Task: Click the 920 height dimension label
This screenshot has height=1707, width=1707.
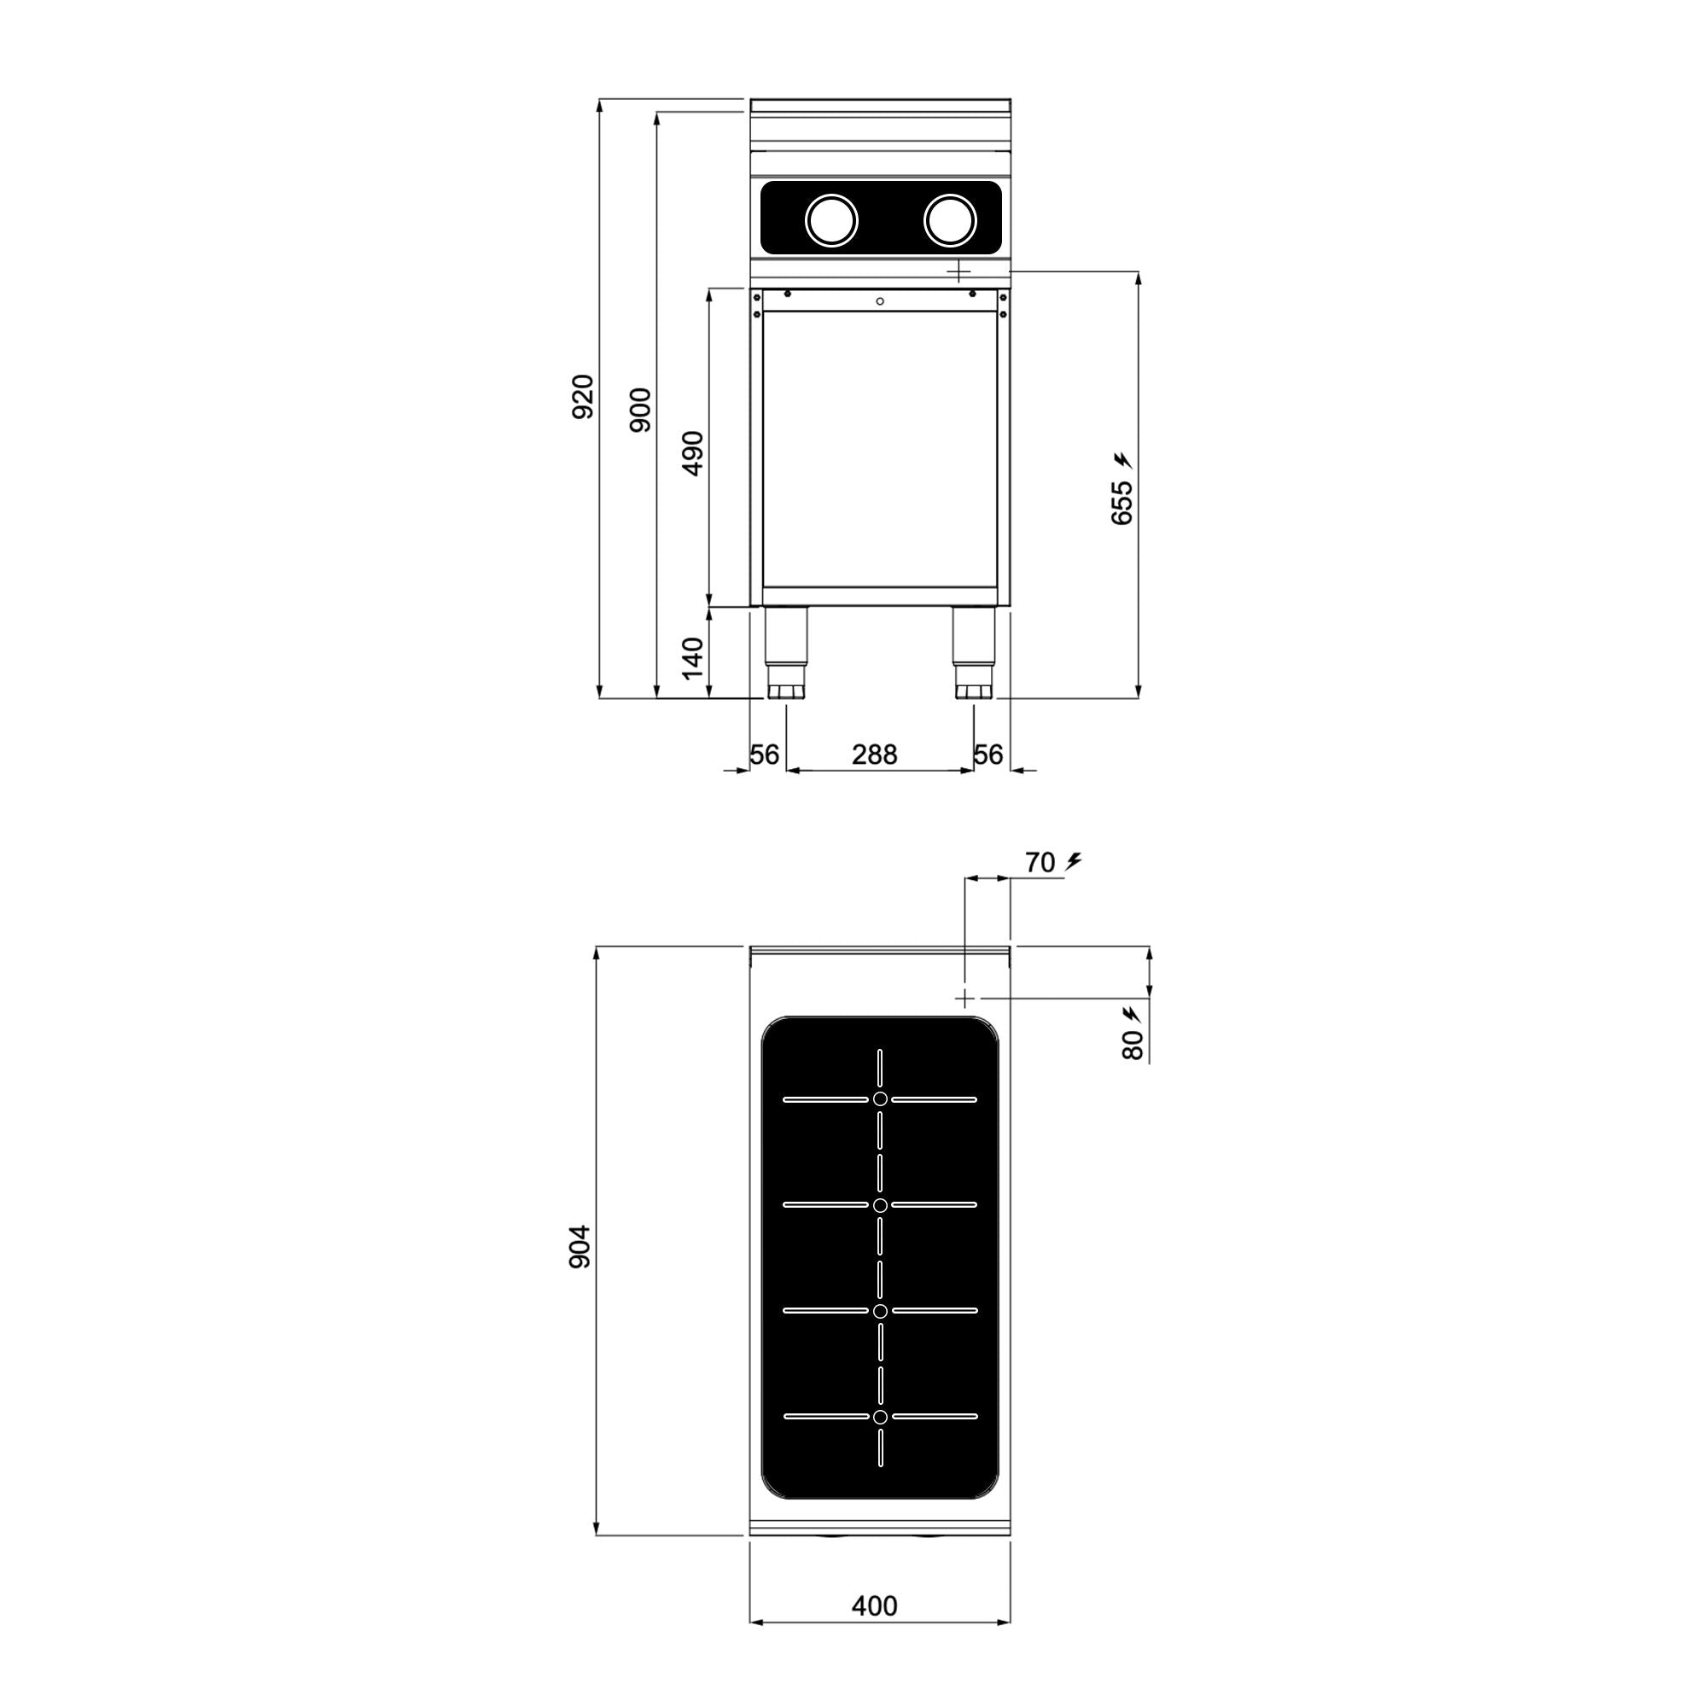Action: coord(583,397)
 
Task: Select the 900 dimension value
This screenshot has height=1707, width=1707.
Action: coord(641,409)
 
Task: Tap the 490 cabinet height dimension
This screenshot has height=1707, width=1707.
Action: coord(694,452)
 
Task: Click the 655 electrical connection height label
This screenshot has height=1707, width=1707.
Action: coord(1121,503)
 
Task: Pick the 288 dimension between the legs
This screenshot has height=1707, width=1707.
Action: coord(874,754)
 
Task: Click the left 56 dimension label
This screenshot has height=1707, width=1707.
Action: coord(765,754)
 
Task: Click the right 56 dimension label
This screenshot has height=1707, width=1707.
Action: coord(988,754)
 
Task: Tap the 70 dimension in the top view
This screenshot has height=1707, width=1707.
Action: coord(1040,862)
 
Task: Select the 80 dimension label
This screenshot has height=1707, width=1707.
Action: coord(1132,1046)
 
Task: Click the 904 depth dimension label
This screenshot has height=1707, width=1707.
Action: coord(579,1247)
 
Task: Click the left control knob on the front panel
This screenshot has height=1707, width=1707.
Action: coord(831,219)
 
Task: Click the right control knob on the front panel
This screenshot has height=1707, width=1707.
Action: coord(950,219)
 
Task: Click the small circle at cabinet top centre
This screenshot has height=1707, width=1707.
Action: coord(880,302)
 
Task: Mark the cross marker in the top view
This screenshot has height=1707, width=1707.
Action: coord(964,998)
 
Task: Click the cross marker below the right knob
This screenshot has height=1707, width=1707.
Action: coord(958,271)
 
